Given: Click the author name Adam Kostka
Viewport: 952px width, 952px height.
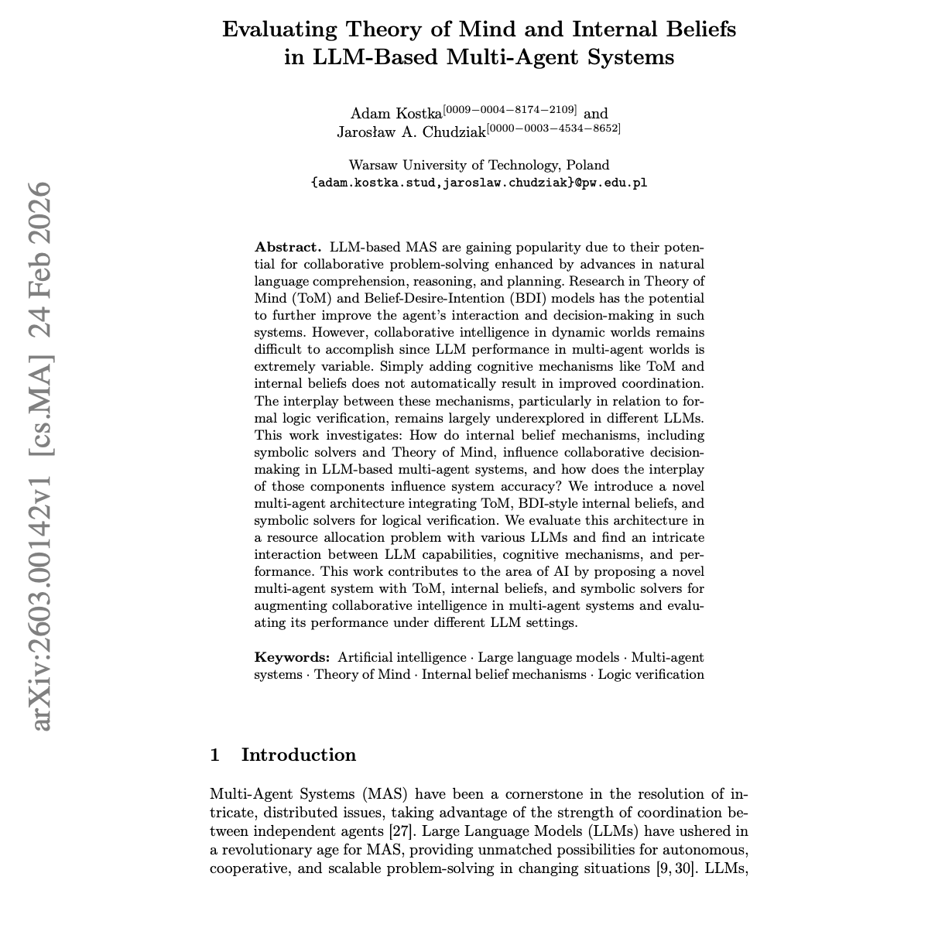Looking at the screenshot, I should point(396,114).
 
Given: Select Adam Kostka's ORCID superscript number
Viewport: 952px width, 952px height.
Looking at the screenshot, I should point(510,109).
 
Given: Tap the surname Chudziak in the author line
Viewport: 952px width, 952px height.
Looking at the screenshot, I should point(450,132).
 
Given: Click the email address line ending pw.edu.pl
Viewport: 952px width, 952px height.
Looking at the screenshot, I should point(478,183).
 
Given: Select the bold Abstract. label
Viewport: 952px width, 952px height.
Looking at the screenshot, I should point(288,247).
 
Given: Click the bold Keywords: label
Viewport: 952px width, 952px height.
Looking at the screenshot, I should point(293,657).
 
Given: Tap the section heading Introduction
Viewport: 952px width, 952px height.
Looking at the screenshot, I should point(299,755).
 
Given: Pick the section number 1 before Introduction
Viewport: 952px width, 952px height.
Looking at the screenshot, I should point(215,755).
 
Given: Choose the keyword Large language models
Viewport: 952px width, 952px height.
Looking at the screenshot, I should point(548,657).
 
